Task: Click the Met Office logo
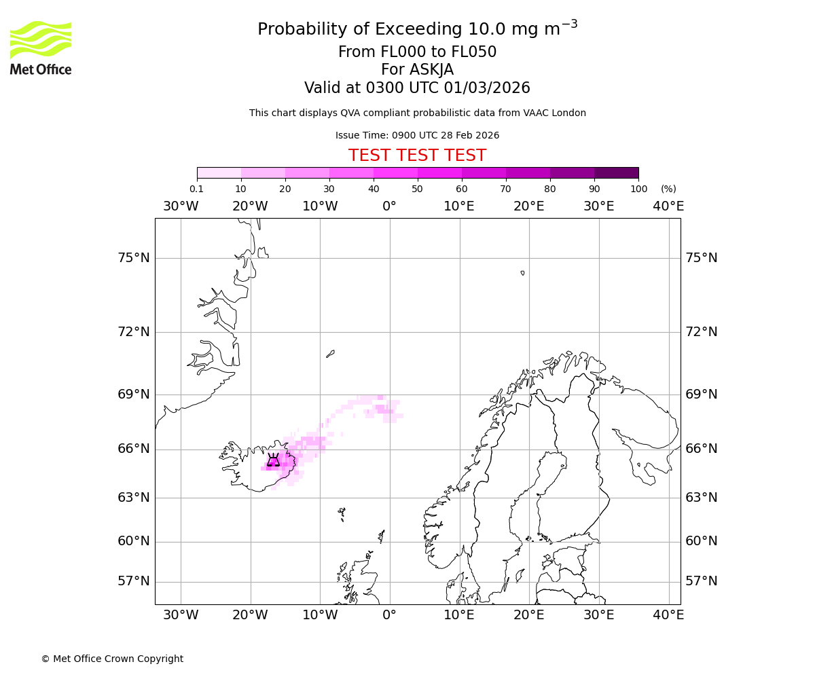point(41,48)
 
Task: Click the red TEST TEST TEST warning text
point(417,155)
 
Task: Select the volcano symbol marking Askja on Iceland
point(273,460)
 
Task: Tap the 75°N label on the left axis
point(132,258)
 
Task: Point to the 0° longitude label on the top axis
point(389,206)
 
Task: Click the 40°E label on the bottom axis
point(668,615)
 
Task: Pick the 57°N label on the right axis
point(702,581)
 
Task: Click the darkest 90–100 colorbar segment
point(616,172)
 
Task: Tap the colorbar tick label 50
point(418,189)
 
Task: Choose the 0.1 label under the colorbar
point(196,189)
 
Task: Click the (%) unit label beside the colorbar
point(668,189)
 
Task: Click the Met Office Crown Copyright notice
point(112,659)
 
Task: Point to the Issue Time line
point(417,135)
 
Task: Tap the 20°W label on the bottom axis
point(250,615)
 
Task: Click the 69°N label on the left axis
point(132,394)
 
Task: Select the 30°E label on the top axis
point(598,206)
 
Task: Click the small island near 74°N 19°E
point(522,273)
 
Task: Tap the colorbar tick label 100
point(638,189)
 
